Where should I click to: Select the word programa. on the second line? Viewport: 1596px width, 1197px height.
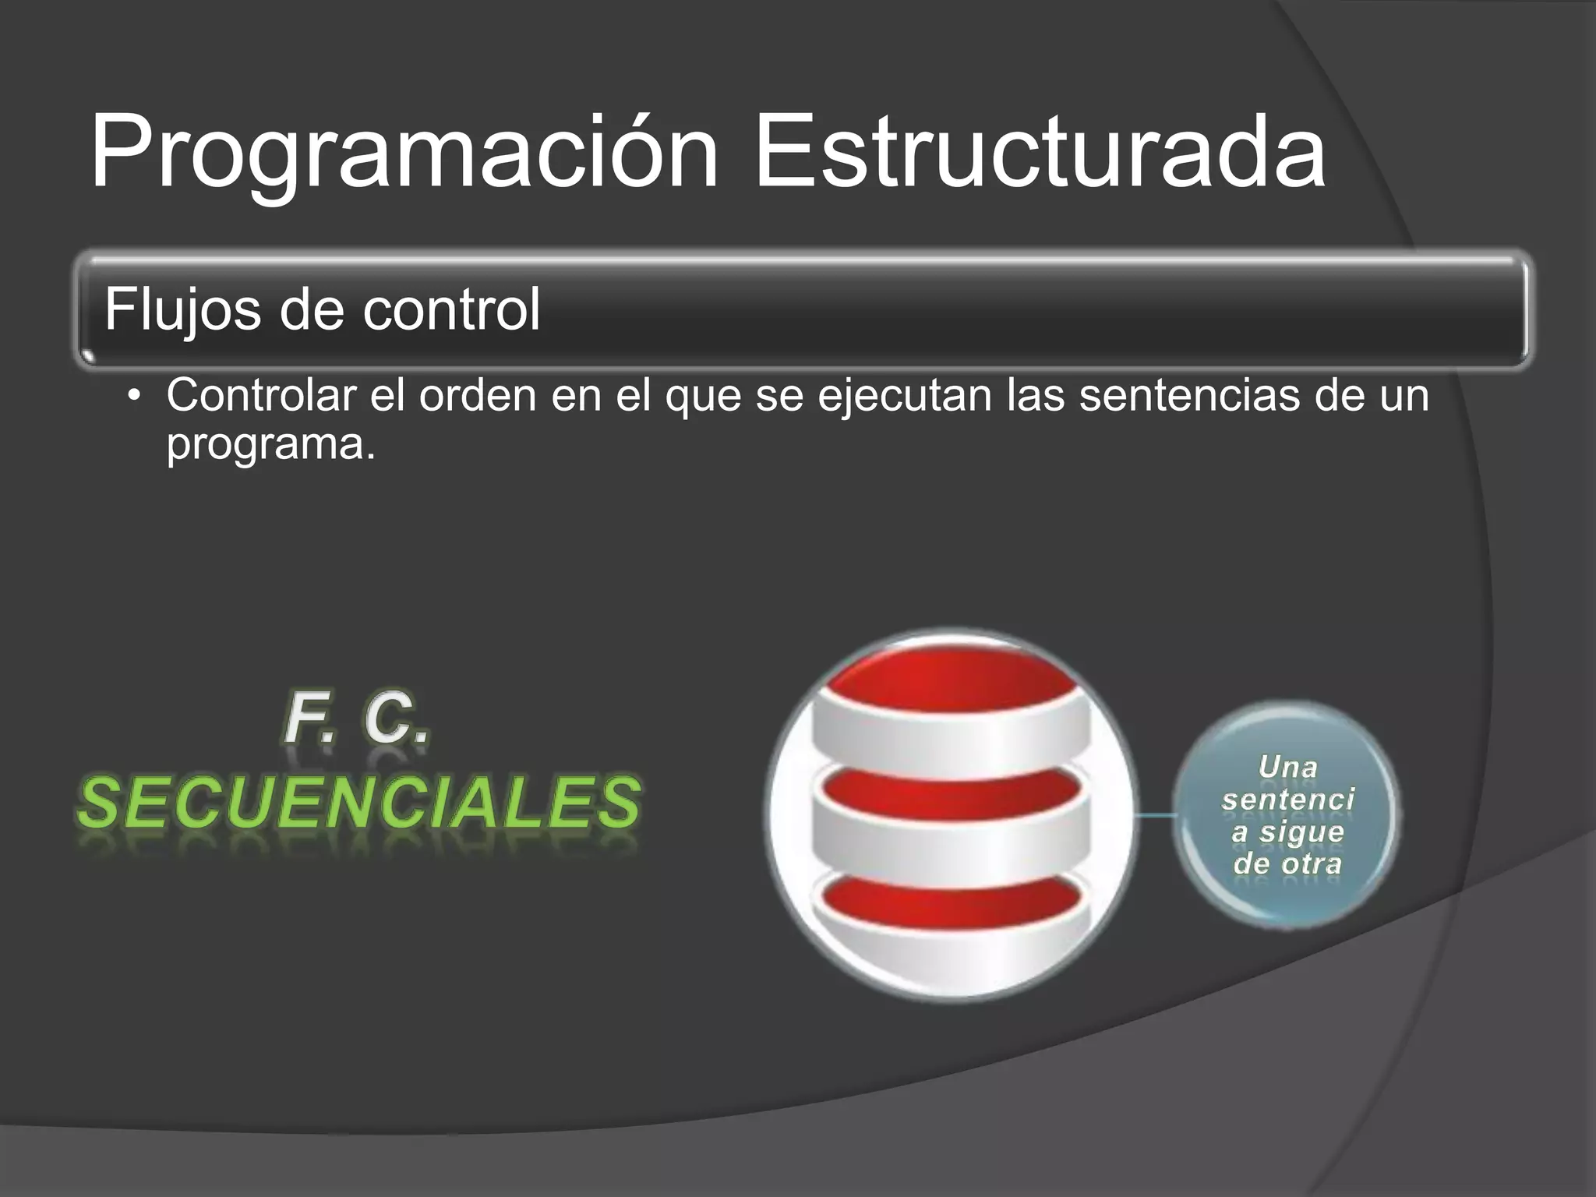270,444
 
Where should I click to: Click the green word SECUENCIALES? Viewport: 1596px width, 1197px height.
359,803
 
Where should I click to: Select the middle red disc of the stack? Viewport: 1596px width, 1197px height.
949,791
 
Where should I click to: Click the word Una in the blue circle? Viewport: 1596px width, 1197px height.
1287,768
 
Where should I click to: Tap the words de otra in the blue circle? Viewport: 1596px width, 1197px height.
1287,863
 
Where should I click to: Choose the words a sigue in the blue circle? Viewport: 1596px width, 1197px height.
1287,832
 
